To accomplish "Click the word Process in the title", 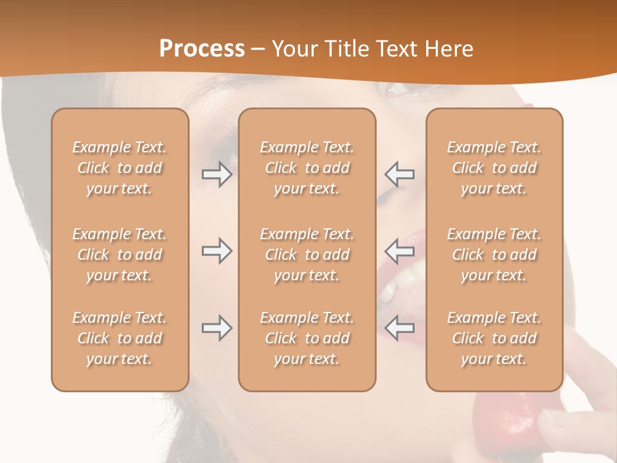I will pos(202,49).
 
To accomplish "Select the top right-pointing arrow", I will pos(217,174).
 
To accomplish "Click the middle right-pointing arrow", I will pos(217,251).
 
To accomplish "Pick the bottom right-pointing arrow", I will pos(217,329).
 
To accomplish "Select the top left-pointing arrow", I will pos(400,174).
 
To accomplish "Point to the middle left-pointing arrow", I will pos(400,251).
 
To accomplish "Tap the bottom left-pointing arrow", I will pos(400,329).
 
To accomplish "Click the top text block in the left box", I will pos(120,168).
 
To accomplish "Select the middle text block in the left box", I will pos(120,255).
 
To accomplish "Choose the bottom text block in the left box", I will pos(120,338).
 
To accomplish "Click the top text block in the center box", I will pos(307,168).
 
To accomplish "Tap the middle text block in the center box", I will pos(307,255).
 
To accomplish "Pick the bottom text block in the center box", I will pos(307,338).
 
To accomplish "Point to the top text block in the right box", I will pos(494,168).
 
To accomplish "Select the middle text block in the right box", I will pos(494,255).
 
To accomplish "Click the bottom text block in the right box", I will pos(494,338).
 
